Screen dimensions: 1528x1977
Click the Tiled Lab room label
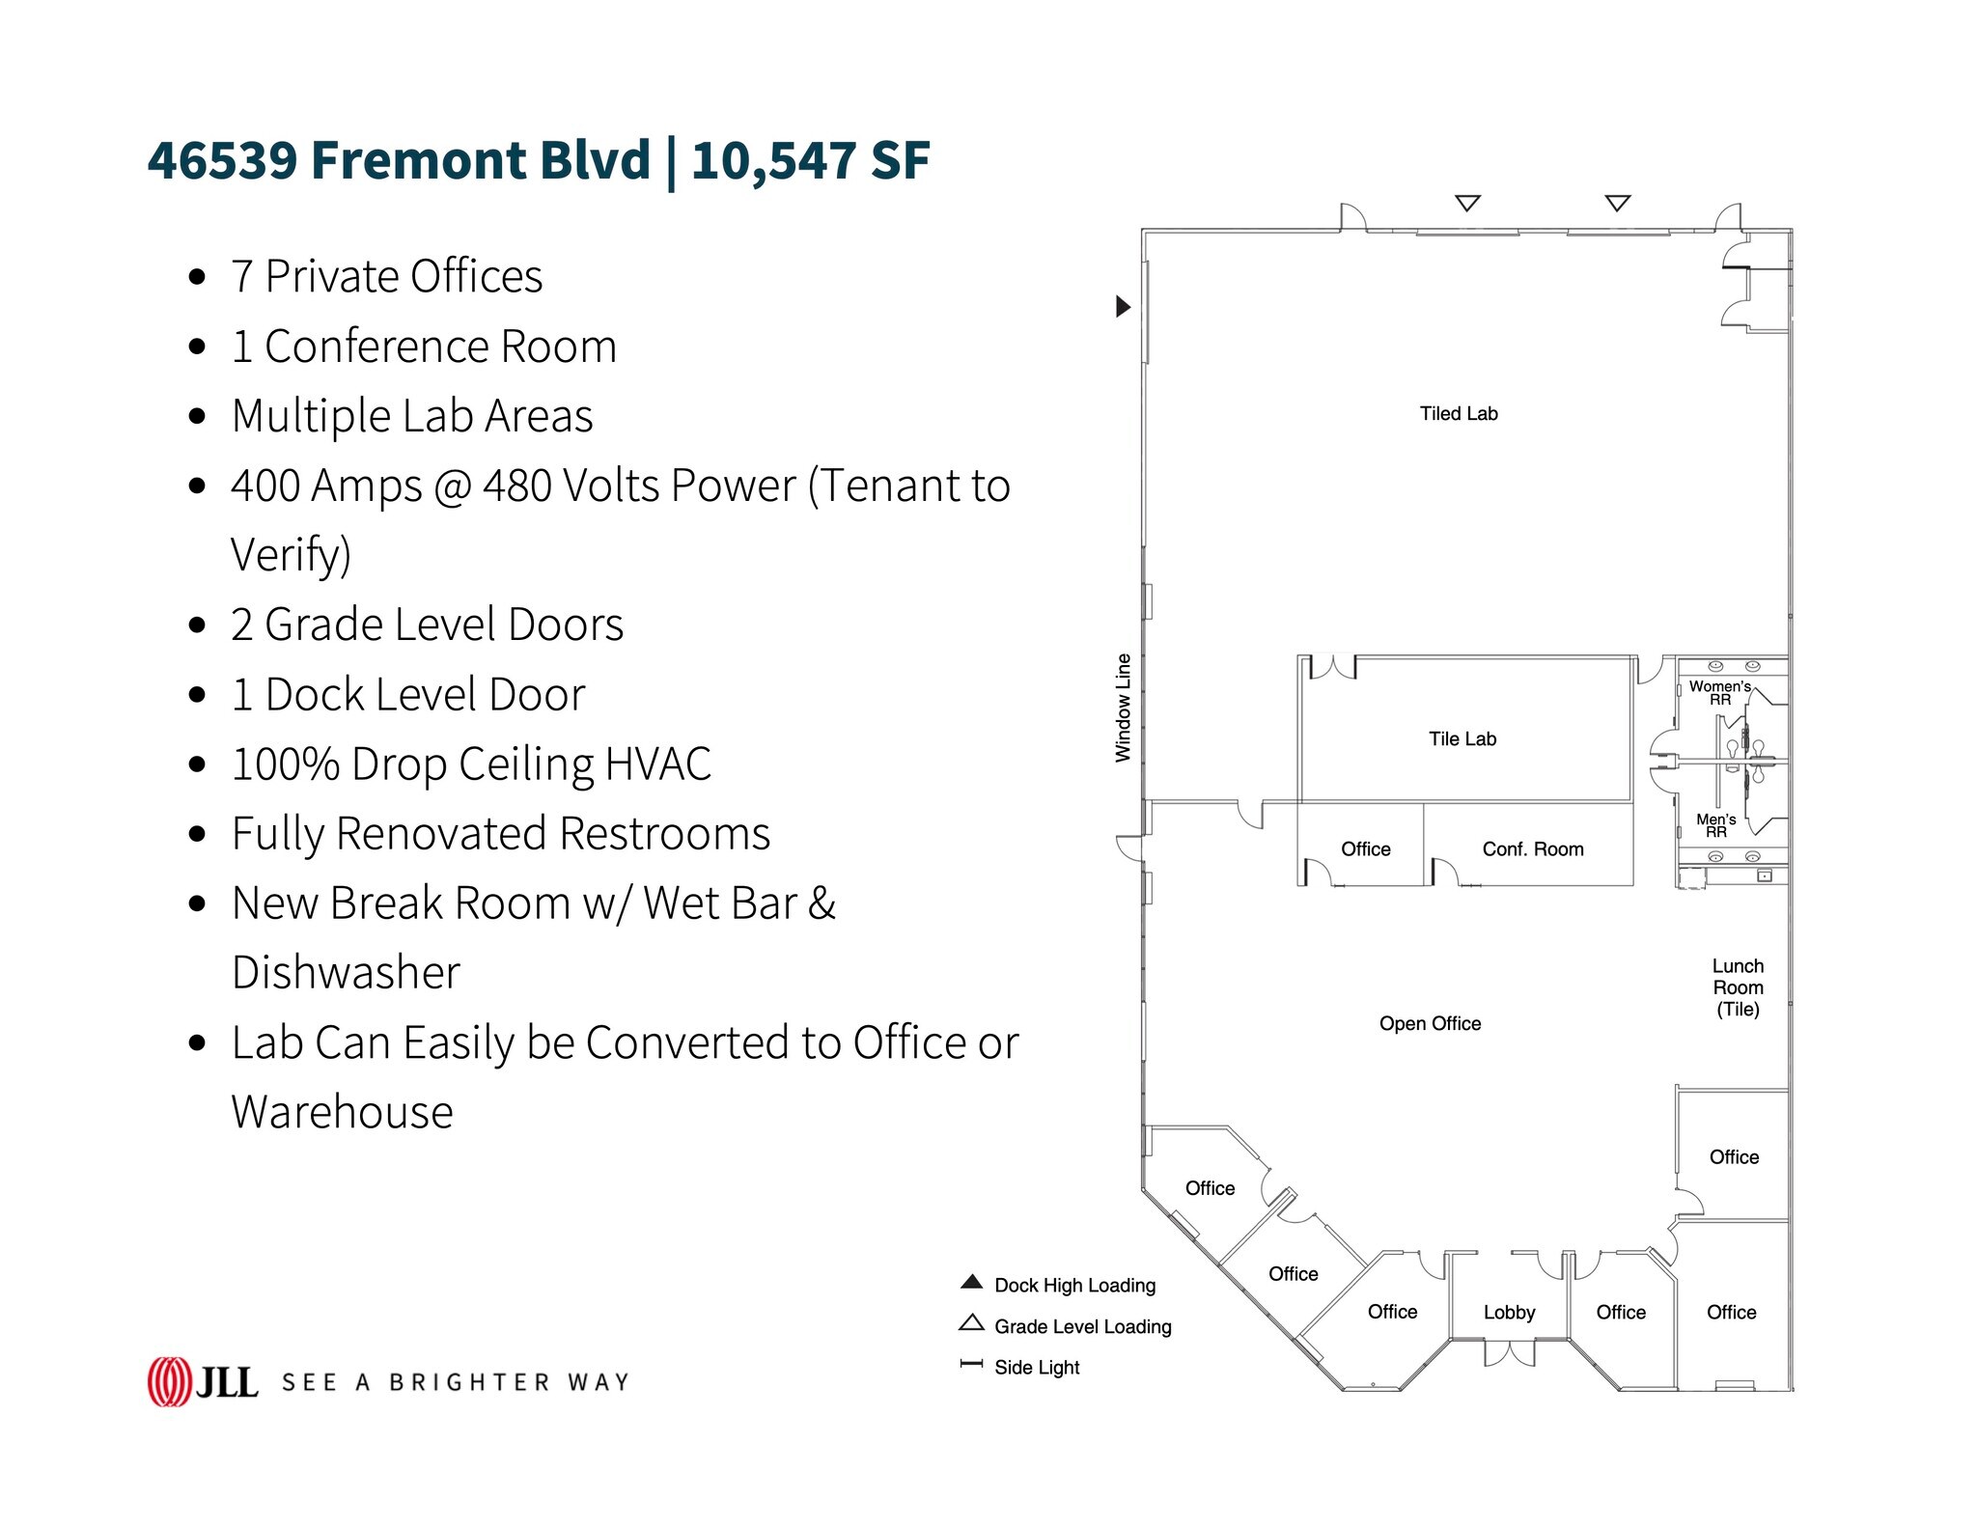point(1458,414)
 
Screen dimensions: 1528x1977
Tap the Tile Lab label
point(1462,739)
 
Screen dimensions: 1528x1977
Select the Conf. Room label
point(1532,849)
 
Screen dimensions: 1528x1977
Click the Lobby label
point(1509,1313)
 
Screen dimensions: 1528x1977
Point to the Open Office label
point(1429,1024)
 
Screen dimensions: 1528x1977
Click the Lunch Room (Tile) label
point(1737,987)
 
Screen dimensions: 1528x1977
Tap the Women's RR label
point(1719,692)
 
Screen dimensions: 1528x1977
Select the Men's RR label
point(1715,825)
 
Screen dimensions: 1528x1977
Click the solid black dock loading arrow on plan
point(1122,306)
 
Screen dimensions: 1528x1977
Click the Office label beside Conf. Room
point(1365,849)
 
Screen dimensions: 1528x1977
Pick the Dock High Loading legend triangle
point(971,1283)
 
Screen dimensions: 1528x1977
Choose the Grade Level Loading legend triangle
point(971,1323)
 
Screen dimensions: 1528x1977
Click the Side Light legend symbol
point(971,1365)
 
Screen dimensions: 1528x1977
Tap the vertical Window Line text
point(1123,708)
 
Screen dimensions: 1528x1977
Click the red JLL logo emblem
point(169,1381)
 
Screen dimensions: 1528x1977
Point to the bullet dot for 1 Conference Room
point(198,347)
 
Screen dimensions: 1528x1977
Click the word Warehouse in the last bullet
point(342,1112)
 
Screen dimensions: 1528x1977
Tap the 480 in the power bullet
point(516,486)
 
